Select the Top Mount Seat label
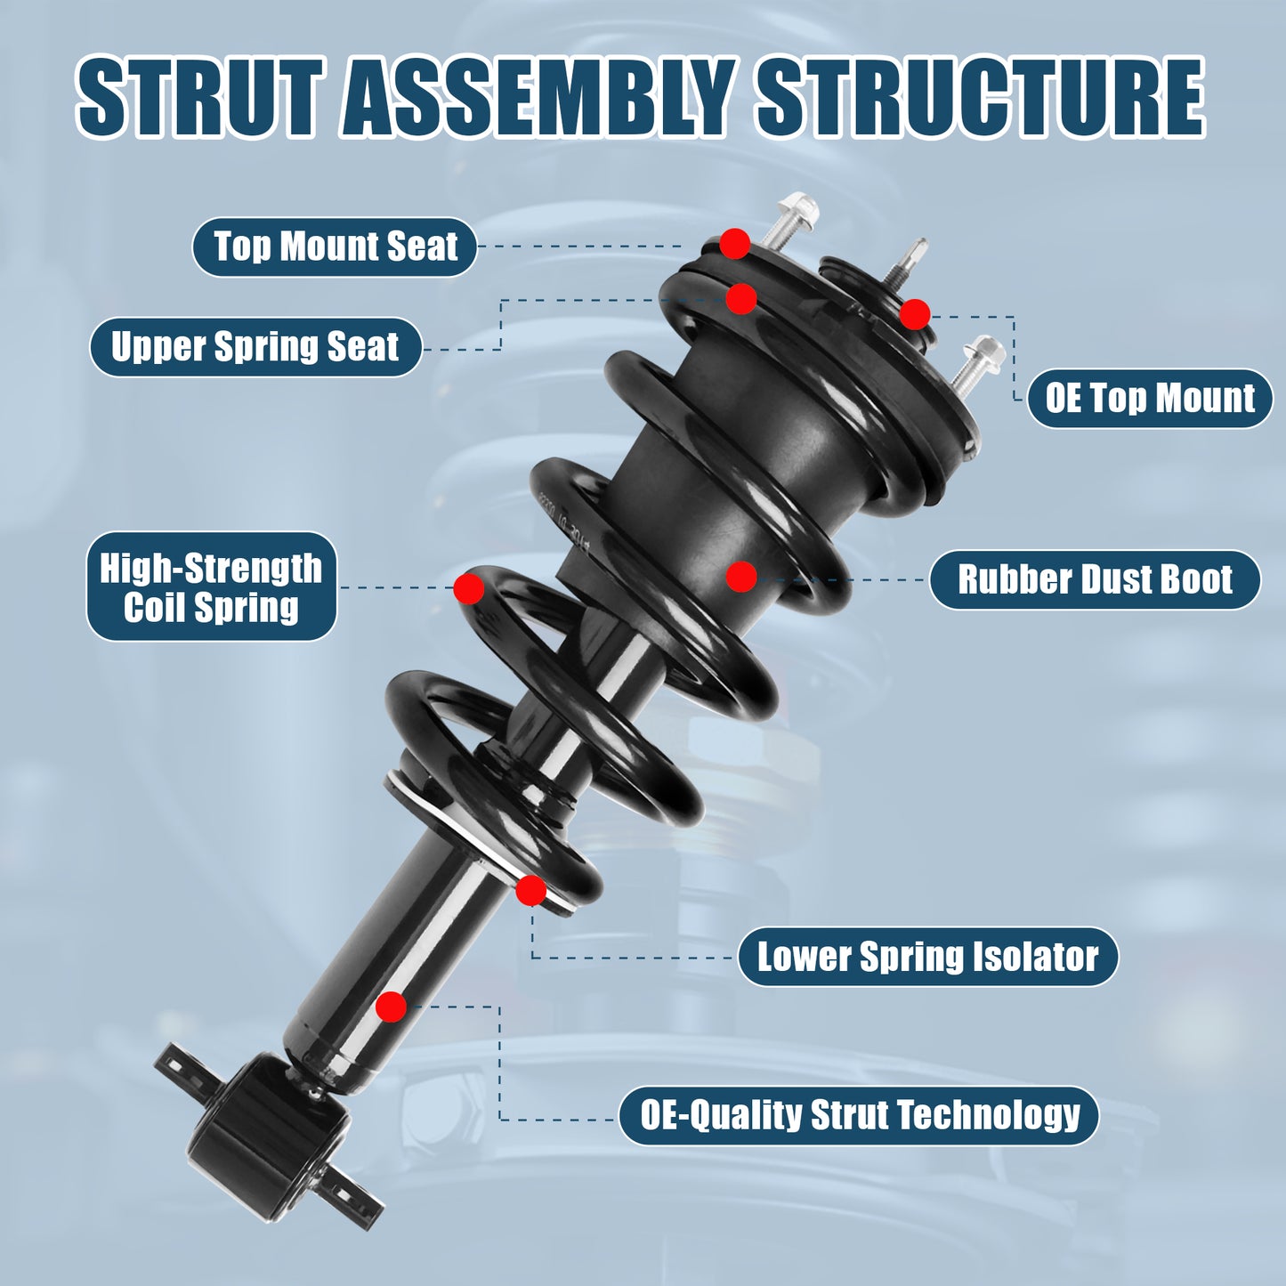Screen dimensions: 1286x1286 tap(335, 247)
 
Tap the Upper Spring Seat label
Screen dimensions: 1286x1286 tap(255, 346)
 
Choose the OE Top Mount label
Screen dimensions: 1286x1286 tap(1150, 398)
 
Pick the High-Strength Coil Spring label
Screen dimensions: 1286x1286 tap(211, 586)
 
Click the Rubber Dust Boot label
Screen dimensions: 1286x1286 tap(1095, 579)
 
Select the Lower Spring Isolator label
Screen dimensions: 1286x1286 tap(927, 957)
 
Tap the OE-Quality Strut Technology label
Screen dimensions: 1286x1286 tap(859, 1115)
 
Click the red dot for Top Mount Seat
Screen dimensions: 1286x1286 tap(734, 243)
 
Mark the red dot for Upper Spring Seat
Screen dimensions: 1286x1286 tap(740, 299)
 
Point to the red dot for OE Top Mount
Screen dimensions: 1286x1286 tap(915, 314)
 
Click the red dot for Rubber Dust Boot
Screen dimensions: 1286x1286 tap(741, 577)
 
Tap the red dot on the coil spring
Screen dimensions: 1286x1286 tap(469, 588)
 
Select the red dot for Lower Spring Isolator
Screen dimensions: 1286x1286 tap(531, 890)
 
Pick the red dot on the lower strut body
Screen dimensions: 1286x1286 tap(391, 1007)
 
